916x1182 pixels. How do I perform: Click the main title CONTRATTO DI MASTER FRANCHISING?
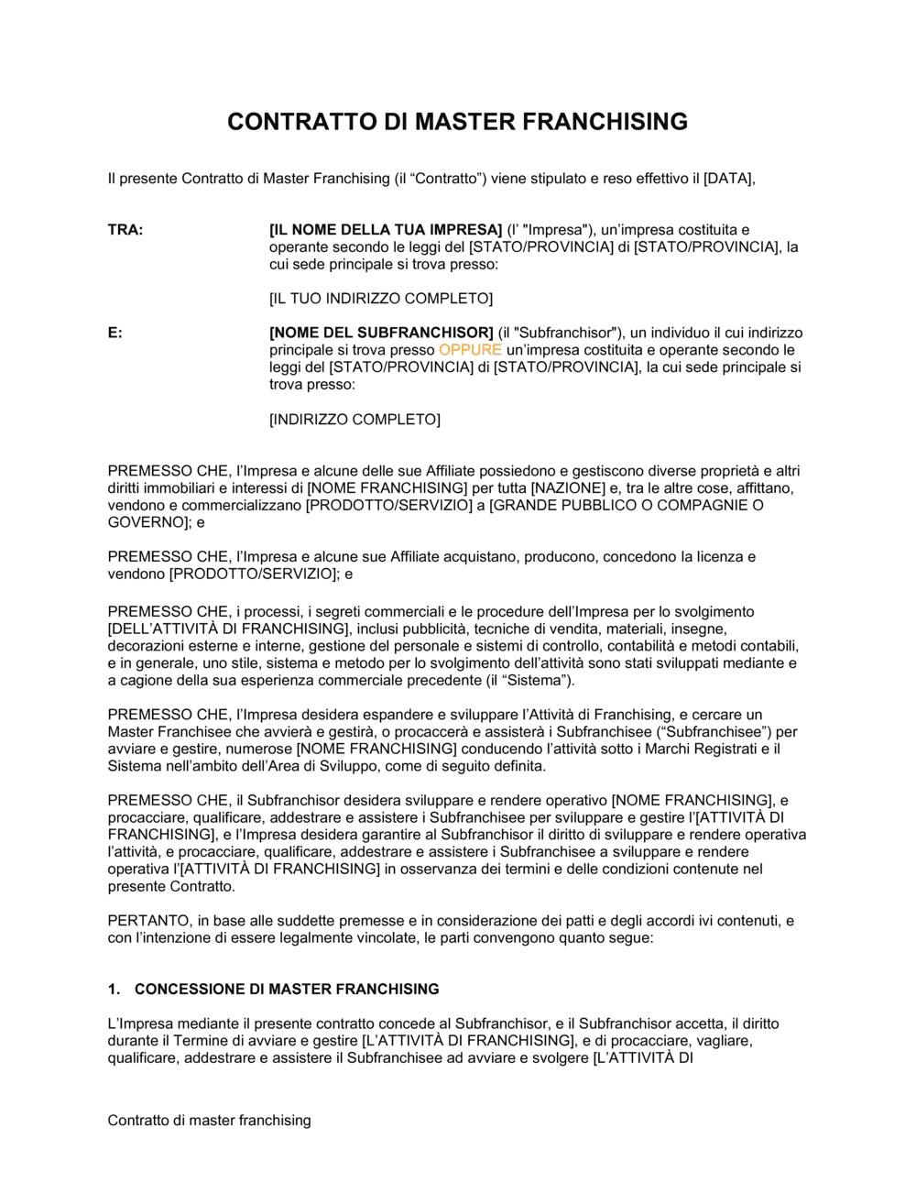[457, 122]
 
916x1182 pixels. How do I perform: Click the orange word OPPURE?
[470, 350]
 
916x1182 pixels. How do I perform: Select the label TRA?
[125, 230]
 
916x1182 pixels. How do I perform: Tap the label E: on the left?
[114, 333]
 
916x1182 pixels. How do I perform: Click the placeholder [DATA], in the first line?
[729, 179]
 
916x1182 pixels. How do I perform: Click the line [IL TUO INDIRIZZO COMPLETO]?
[381, 299]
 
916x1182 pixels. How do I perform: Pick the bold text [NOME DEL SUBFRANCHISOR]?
[381, 333]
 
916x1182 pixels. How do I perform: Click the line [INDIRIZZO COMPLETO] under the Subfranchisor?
[354, 420]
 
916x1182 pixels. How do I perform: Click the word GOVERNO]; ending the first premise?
[149, 522]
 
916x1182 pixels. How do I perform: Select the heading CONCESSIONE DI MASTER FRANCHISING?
[287, 990]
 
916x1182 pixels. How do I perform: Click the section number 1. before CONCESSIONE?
[114, 990]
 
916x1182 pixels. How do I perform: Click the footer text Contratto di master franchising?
[209, 1121]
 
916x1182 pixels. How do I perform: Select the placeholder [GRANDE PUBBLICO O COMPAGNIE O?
[627, 506]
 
